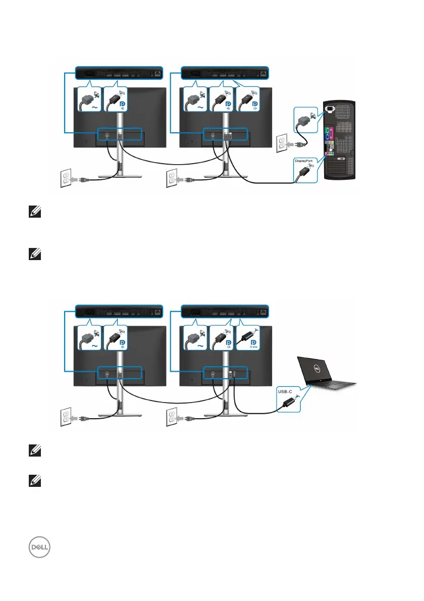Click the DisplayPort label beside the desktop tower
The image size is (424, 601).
304,163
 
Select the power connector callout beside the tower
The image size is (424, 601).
306,122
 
